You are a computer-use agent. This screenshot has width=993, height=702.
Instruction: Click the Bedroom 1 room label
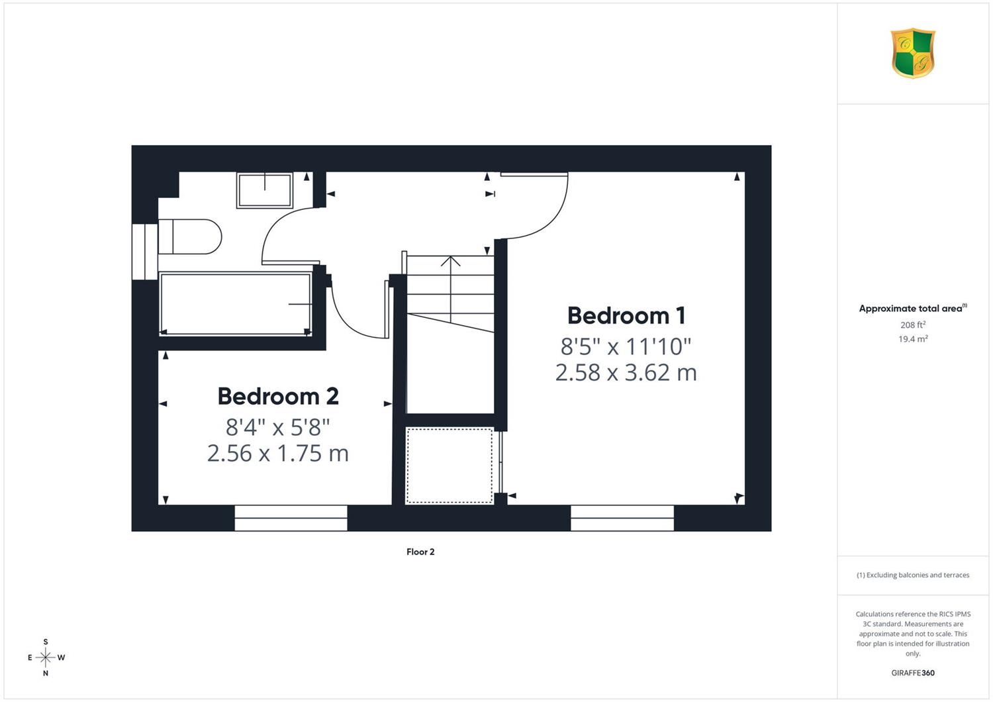(x=626, y=316)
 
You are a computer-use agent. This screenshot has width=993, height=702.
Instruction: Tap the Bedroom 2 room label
(x=278, y=397)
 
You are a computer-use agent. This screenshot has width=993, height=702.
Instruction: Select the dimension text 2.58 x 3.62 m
(x=626, y=372)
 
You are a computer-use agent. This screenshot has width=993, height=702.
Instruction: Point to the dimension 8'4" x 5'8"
(x=278, y=428)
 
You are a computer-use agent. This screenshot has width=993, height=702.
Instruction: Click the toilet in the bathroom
(x=190, y=236)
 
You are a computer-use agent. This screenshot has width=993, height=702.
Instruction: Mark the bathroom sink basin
(x=265, y=190)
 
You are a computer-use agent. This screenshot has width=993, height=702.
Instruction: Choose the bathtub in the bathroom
(x=236, y=304)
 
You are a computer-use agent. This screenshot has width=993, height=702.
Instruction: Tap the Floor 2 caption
(x=420, y=552)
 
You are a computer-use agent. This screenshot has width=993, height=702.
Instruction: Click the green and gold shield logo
(x=913, y=53)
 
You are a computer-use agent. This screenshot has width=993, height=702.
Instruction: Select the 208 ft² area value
(x=913, y=325)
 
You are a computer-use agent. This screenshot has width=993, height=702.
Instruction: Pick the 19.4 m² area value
(x=913, y=339)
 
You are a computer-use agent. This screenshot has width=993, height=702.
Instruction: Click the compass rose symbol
(x=46, y=657)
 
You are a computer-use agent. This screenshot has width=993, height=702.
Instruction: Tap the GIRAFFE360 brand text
(x=913, y=673)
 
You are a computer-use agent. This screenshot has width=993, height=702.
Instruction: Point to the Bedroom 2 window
(x=291, y=518)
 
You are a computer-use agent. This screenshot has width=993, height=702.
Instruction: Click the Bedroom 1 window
(x=622, y=518)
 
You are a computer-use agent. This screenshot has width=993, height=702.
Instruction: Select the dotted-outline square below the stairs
(x=449, y=465)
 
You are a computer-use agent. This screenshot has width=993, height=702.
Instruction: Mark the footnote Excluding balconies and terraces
(x=913, y=575)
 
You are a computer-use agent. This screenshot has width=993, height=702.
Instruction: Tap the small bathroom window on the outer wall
(x=145, y=252)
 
